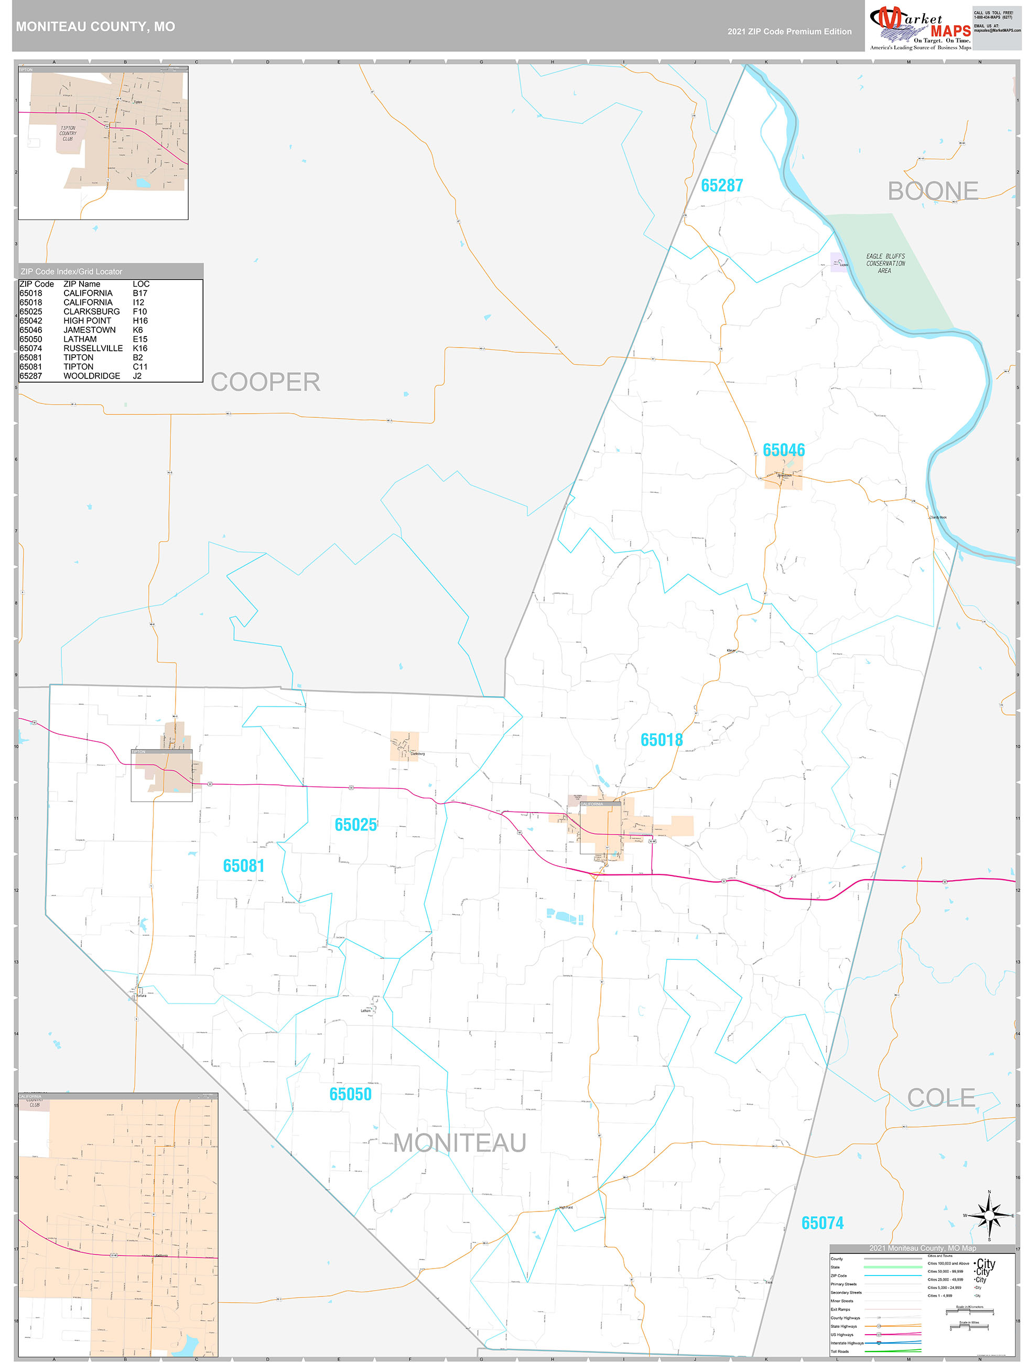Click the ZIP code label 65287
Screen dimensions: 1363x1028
pyautogui.click(x=722, y=186)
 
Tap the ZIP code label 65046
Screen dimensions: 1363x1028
pyautogui.click(x=783, y=450)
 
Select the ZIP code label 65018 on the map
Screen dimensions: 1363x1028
pyautogui.click(x=661, y=740)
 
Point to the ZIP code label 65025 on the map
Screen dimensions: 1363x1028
pyautogui.click(x=355, y=825)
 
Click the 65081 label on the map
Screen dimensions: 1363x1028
pyautogui.click(x=243, y=866)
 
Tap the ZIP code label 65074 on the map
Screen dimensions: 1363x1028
pyautogui.click(x=822, y=1223)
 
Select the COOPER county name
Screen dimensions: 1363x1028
pyautogui.click(x=265, y=382)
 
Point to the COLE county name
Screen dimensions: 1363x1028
pyautogui.click(x=940, y=1098)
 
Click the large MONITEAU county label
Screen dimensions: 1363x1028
pyautogui.click(x=459, y=1143)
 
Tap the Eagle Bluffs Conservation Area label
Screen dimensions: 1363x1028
pyautogui.click(x=885, y=263)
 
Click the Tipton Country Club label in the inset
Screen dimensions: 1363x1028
pyautogui.click(x=68, y=134)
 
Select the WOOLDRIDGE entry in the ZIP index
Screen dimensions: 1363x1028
pyautogui.click(x=92, y=376)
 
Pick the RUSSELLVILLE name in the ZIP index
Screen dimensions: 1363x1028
pyautogui.click(x=93, y=348)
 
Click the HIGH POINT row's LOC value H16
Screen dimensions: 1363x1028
pyautogui.click(x=140, y=320)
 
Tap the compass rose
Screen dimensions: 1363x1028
pyautogui.click(x=989, y=1216)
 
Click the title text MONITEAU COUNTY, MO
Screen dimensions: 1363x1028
pyautogui.click(x=95, y=27)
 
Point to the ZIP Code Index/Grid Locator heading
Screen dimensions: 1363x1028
pyautogui.click(x=71, y=272)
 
